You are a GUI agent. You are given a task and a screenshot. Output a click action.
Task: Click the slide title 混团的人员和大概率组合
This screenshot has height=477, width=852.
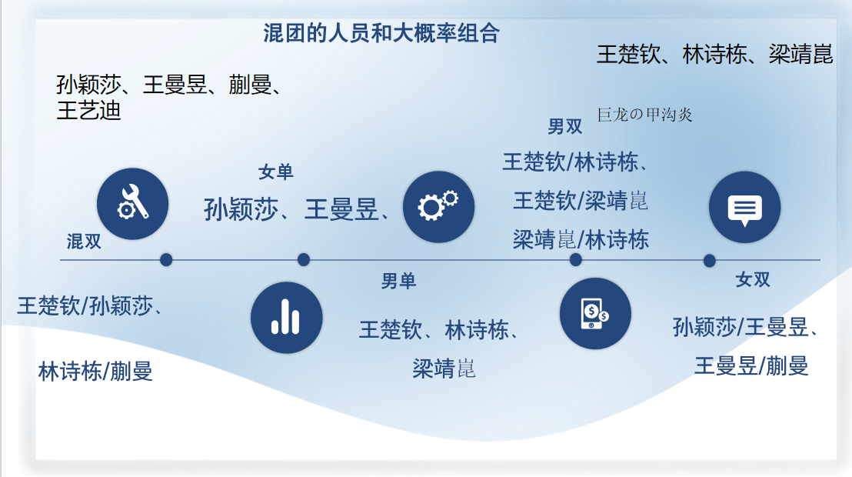381,33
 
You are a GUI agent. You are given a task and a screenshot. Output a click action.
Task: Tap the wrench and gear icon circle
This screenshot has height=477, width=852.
132,204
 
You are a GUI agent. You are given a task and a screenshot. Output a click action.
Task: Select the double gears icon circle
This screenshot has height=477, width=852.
438,207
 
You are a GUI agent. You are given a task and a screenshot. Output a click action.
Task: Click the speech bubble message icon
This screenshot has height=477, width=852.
744,207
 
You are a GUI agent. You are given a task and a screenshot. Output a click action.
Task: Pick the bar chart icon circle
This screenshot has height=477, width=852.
286,318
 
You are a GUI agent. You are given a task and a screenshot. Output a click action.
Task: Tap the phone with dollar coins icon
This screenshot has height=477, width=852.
595,313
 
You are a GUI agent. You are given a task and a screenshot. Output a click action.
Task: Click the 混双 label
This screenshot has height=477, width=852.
84,242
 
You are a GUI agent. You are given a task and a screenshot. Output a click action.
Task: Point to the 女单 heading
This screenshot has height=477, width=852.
275,172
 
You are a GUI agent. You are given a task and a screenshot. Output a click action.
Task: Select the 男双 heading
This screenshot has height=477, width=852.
564,127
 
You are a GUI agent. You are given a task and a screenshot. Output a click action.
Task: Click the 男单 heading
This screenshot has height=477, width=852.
398,281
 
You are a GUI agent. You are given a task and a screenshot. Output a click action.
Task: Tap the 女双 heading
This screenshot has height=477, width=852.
753,279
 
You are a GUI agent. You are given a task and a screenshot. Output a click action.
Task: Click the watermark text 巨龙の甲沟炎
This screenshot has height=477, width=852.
644,115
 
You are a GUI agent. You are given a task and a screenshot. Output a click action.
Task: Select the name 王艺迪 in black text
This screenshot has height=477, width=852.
88,111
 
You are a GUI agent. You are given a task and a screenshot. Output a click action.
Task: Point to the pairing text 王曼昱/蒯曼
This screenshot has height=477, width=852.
751,366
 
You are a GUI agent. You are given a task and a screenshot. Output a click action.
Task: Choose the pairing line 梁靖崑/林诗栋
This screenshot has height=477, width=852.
581,240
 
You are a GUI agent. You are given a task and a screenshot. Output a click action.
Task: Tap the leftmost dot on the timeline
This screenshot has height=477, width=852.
166,260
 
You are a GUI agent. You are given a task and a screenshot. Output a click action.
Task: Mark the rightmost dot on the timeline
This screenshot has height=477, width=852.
709,261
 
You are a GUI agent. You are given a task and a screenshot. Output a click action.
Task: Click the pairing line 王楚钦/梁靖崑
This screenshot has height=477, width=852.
581,202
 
